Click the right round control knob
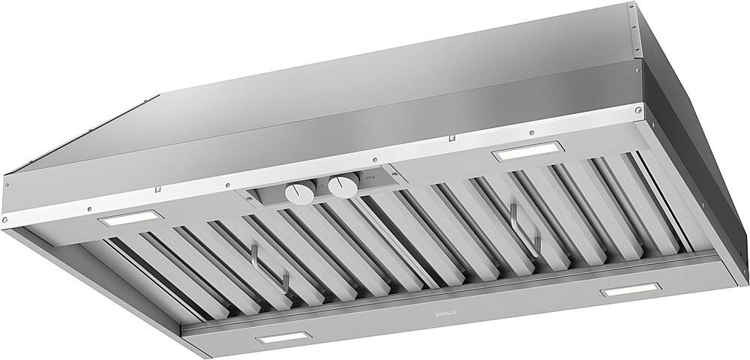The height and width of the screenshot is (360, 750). [x=342, y=187]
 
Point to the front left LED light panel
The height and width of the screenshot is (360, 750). [x=282, y=338]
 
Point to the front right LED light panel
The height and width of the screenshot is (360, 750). [x=630, y=289]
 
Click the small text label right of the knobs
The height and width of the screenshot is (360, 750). [x=369, y=177]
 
